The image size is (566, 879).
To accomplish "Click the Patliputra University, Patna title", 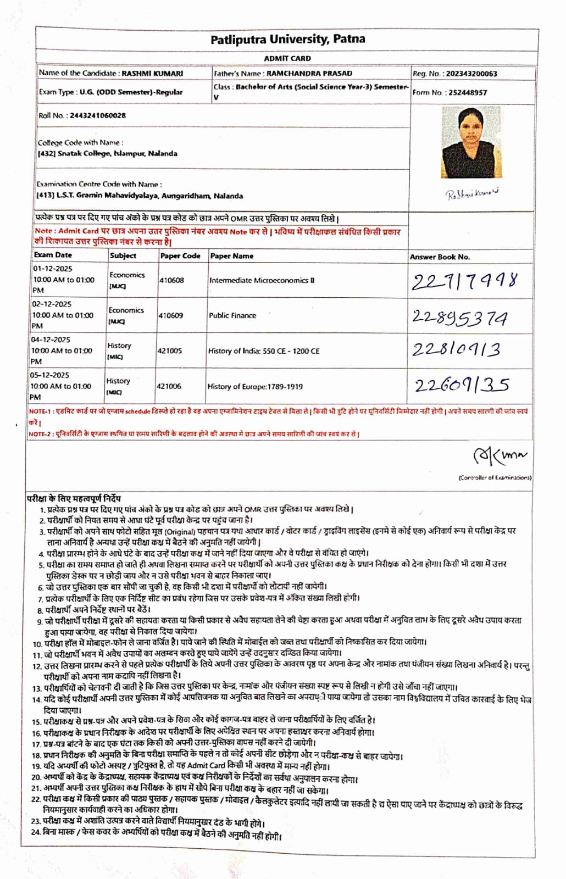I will click(x=287, y=40).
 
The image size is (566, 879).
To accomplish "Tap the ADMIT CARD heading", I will click(x=287, y=58).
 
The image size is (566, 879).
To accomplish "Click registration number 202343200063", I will click(x=471, y=74).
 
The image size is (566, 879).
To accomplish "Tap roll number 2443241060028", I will click(x=97, y=115).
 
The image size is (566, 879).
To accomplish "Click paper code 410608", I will click(x=171, y=280).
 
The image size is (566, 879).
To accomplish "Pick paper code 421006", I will click(x=169, y=386).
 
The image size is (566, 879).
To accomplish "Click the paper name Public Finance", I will click(x=232, y=315).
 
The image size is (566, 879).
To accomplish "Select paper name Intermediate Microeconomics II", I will click(x=262, y=280).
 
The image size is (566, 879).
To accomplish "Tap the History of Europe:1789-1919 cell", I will click(x=255, y=386).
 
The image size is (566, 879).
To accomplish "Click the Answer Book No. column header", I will click(x=440, y=257).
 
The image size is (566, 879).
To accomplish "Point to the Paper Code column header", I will click(x=180, y=255).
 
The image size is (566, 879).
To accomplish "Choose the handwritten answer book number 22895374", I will click(x=460, y=318).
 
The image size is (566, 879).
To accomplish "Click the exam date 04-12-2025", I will click(x=51, y=340).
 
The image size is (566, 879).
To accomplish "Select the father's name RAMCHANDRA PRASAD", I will click(x=309, y=73).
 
